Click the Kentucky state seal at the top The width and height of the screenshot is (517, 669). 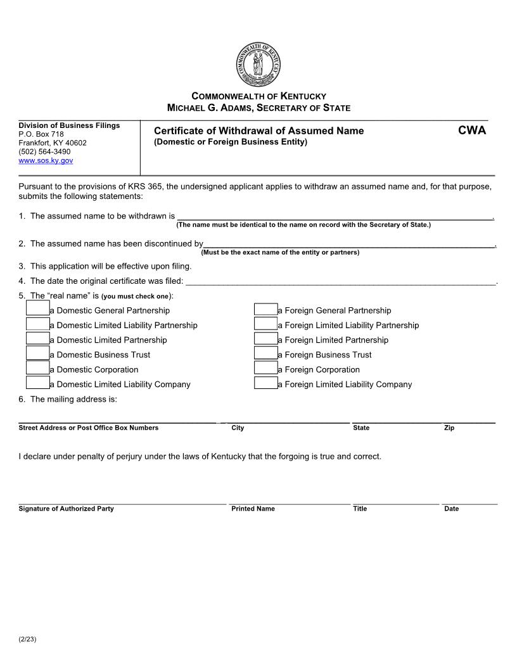(x=258, y=65)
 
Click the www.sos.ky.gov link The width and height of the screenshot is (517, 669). (x=46, y=161)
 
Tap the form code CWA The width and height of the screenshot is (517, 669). (x=472, y=131)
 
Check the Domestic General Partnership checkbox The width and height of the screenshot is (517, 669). (x=38, y=309)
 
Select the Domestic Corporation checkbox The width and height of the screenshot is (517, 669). (x=38, y=368)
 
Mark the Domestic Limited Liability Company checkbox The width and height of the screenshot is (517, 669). (x=38, y=383)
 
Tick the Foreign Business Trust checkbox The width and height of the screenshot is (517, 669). (x=266, y=354)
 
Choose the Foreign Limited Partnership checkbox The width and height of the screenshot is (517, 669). (x=266, y=338)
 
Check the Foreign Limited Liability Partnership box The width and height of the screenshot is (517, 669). (x=266, y=324)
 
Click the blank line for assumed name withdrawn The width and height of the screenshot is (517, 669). (x=335, y=215)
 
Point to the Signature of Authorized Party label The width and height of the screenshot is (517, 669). (x=67, y=509)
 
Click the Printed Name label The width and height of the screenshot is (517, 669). (x=253, y=509)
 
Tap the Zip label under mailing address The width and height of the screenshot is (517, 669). (x=449, y=428)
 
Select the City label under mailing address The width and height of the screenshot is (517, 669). (x=238, y=428)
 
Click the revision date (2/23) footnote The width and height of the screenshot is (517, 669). (x=28, y=639)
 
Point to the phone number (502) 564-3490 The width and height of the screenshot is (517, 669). (x=44, y=152)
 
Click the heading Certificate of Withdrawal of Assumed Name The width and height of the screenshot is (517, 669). (x=258, y=131)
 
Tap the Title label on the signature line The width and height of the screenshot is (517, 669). (x=360, y=509)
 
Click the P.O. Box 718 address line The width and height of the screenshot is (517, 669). (x=41, y=134)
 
